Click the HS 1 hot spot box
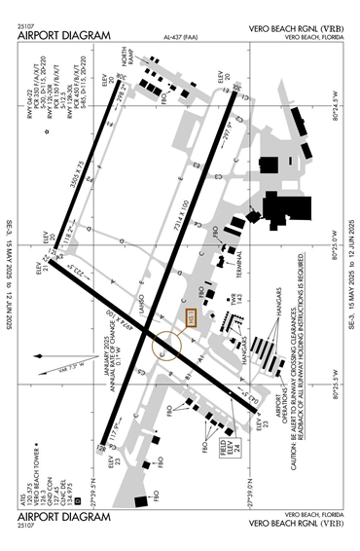(x=191, y=317)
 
